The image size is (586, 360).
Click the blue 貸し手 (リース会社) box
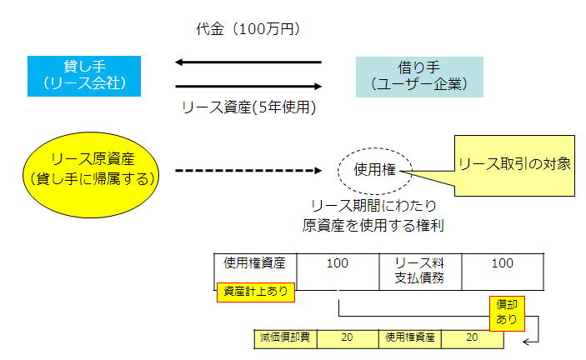pyautogui.click(x=84, y=76)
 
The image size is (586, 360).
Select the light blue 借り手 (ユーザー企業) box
pyautogui.click(x=419, y=77)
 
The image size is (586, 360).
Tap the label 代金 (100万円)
pyautogui.click(x=248, y=29)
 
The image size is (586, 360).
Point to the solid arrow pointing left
pyautogui.click(x=248, y=62)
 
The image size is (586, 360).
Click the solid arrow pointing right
pyautogui.click(x=248, y=87)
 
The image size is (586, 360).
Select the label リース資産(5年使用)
pyautogui.click(x=249, y=107)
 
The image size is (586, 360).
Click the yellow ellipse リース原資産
pyautogui.click(x=91, y=175)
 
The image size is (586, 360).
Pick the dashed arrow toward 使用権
pyautogui.click(x=248, y=171)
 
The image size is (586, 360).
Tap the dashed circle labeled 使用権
pyautogui.click(x=375, y=171)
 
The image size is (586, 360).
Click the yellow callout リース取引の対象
pyautogui.click(x=514, y=166)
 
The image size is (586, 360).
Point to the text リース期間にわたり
pyautogui.click(x=373, y=206)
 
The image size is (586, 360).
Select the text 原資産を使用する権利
pyautogui.click(x=373, y=226)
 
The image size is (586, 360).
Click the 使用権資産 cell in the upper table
pyautogui.click(x=255, y=272)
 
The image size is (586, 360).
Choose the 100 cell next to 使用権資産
pyautogui.click(x=338, y=272)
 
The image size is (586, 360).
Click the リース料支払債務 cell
pyautogui.click(x=420, y=272)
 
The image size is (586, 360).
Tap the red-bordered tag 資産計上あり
pyautogui.click(x=256, y=292)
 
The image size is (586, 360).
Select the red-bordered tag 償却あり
pyautogui.click(x=507, y=313)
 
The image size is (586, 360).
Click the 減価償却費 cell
pyautogui.click(x=286, y=339)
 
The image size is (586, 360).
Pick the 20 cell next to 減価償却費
pyautogui.click(x=348, y=339)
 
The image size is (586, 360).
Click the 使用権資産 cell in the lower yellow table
pyautogui.click(x=410, y=339)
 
